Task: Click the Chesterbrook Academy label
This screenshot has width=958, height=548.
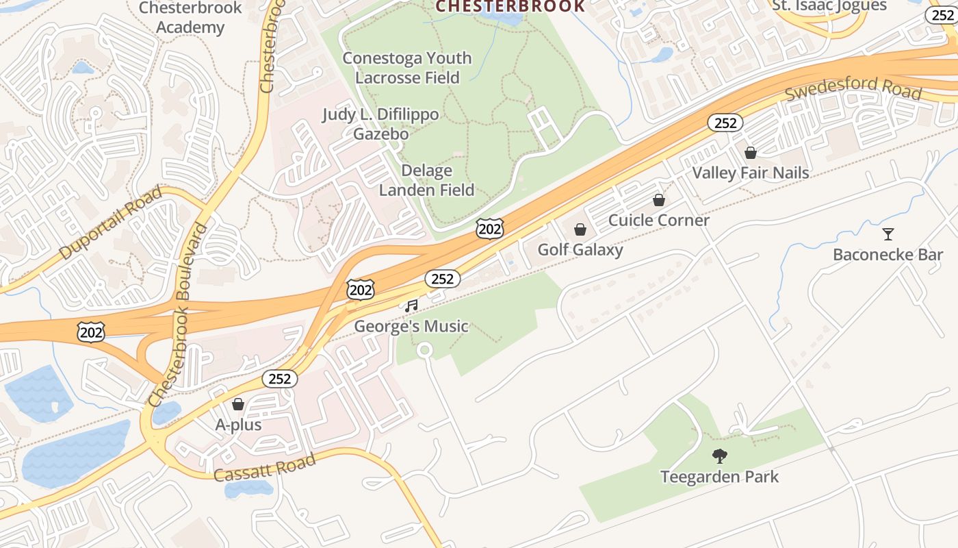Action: click(190, 18)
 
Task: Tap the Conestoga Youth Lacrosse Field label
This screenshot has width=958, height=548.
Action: click(407, 68)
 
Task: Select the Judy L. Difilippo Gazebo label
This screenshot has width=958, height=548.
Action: click(380, 124)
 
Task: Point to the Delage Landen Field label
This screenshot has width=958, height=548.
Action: click(426, 180)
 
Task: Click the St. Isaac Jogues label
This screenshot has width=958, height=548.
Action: click(829, 6)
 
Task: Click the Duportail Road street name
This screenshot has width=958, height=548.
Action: click(111, 223)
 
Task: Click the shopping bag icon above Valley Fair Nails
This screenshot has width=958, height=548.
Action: click(751, 153)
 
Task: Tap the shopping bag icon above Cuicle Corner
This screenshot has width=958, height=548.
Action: click(658, 201)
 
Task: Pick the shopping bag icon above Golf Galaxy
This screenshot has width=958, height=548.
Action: click(580, 229)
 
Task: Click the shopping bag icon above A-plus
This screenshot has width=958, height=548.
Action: click(238, 405)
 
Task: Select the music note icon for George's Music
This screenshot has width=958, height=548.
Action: click(411, 306)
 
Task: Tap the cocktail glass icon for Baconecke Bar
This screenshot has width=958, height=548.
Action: click(888, 234)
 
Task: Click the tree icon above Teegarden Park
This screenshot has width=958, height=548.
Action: click(719, 456)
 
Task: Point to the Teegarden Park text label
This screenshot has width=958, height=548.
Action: click(719, 477)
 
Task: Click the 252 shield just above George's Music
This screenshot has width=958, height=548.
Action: click(443, 279)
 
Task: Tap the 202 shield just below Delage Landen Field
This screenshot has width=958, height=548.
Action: click(490, 229)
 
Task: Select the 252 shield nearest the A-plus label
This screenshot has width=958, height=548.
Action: click(279, 379)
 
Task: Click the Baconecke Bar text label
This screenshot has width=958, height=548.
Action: click(888, 255)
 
